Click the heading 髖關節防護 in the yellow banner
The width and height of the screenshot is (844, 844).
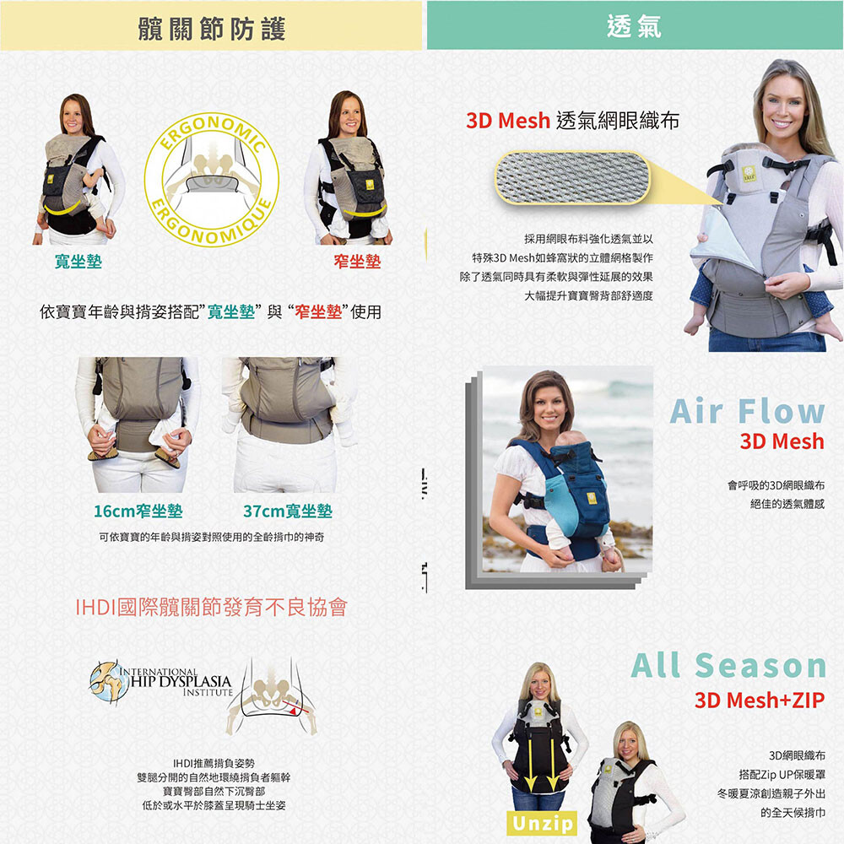click(x=212, y=29)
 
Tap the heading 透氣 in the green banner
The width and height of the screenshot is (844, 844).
click(x=634, y=26)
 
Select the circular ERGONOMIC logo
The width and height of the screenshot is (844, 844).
click(x=212, y=179)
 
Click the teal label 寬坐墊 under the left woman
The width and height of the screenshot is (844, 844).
click(x=78, y=262)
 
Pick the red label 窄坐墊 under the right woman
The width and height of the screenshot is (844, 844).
click(x=357, y=262)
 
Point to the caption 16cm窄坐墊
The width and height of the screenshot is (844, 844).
click(x=138, y=511)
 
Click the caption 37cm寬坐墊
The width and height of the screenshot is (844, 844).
click(x=288, y=511)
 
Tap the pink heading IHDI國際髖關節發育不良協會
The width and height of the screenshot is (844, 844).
click(x=212, y=607)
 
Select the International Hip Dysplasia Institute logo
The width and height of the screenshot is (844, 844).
click(x=161, y=683)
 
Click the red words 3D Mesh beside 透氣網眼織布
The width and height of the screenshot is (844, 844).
click(x=507, y=121)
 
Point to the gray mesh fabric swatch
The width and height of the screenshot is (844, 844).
click(x=572, y=177)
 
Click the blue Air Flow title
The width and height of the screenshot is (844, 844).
click(x=747, y=412)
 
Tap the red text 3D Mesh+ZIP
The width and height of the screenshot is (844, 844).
click(x=760, y=701)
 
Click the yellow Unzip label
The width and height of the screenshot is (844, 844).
click(x=542, y=824)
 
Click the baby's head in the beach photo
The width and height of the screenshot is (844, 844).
click(x=570, y=439)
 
